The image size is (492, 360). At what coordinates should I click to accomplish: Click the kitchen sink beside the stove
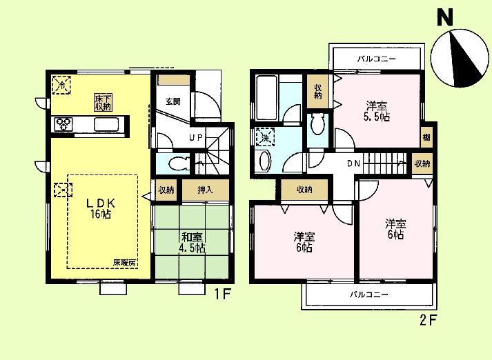click(x=107, y=125)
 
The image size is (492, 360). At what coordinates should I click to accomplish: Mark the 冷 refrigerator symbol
click(x=61, y=86)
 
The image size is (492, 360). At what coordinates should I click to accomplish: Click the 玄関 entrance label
click(x=173, y=101)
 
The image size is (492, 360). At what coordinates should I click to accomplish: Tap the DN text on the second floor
click(x=352, y=163)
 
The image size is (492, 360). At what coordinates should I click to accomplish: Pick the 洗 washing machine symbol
click(x=264, y=137)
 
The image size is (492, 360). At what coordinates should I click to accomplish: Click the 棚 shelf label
click(x=427, y=138)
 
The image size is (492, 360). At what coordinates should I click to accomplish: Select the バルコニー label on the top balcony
click(x=376, y=59)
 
